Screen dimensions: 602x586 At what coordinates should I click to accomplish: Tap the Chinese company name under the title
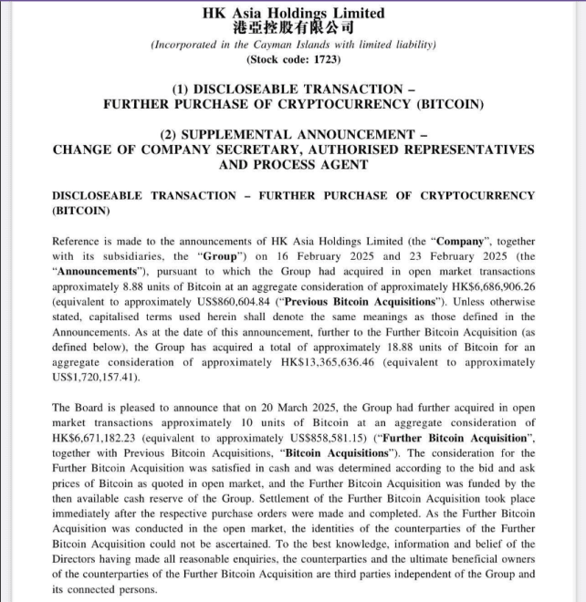(x=293, y=27)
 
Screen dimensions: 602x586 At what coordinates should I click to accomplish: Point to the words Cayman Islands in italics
(x=283, y=45)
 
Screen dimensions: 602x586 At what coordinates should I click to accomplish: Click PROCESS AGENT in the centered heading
(x=322, y=165)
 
